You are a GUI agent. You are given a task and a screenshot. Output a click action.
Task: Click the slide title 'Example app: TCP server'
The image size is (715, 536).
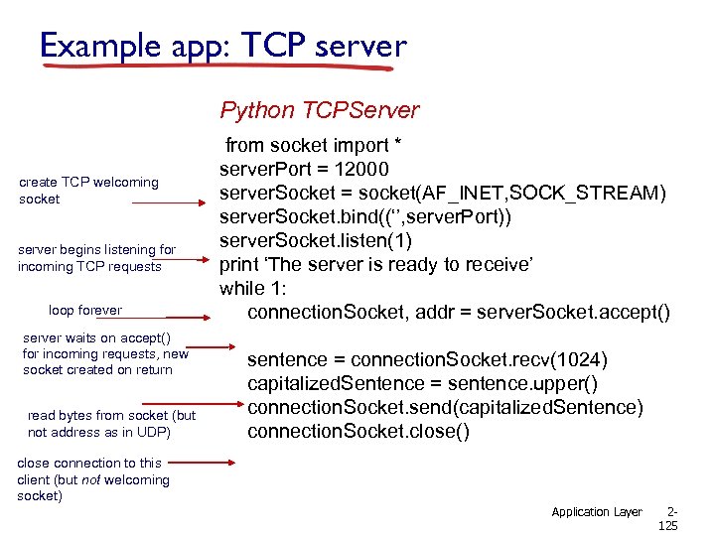tap(223, 46)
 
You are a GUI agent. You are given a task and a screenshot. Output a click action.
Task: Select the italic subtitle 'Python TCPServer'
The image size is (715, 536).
tap(319, 110)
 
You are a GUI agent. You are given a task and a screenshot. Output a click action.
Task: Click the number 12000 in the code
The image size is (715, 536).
tap(361, 169)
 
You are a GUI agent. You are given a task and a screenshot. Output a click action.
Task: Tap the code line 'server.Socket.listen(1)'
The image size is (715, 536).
tap(316, 240)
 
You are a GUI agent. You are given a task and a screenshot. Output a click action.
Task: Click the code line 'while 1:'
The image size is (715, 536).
tap(253, 289)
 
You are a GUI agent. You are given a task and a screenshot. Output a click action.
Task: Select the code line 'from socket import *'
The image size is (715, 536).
tap(314, 146)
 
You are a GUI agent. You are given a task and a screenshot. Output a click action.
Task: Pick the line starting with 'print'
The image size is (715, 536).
tap(376, 264)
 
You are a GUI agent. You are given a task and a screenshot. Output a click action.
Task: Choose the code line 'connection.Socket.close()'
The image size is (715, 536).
tap(358, 432)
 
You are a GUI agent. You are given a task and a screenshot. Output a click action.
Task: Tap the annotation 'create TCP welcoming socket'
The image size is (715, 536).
tap(88, 191)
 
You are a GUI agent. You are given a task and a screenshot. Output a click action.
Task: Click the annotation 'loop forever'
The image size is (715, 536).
tap(85, 310)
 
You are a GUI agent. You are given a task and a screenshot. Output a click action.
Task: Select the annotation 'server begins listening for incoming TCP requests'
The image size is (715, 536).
tap(96, 258)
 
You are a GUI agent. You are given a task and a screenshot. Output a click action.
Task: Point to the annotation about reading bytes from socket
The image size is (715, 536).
tap(111, 424)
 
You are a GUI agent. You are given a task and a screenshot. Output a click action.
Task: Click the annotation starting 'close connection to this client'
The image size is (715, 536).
tap(93, 479)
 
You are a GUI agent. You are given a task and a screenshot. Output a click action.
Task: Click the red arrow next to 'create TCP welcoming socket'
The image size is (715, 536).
tap(168, 202)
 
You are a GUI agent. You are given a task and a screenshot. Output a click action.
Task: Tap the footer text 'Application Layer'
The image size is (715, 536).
tap(597, 512)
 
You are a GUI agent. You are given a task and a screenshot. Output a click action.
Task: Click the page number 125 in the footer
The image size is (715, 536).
tap(667, 526)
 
